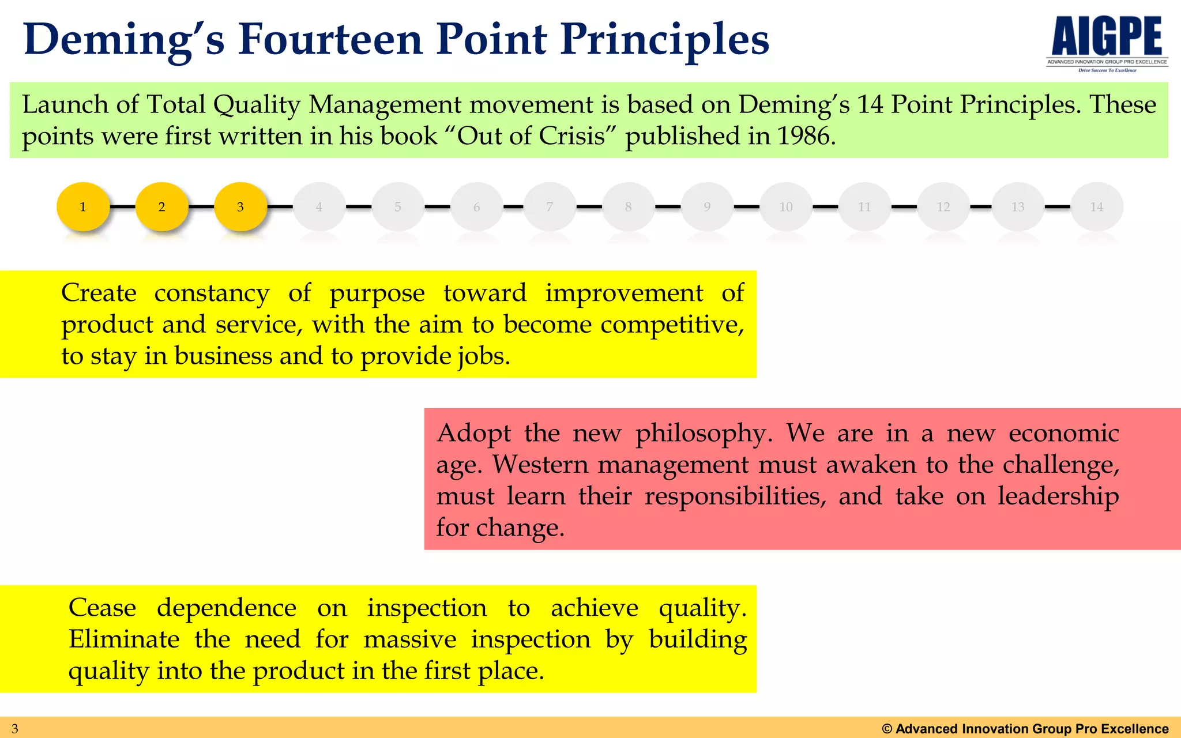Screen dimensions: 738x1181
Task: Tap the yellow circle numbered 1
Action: pyautogui.click(x=83, y=206)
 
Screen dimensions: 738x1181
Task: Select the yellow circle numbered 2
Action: pyautogui.click(x=162, y=206)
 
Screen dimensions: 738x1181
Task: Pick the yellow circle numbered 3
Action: pyautogui.click(x=240, y=206)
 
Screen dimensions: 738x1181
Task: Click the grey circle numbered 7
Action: pyautogui.click(x=550, y=206)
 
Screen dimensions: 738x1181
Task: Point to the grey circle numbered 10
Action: pyautogui.click(x=786, y=206)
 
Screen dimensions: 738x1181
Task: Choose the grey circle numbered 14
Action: pyautogui.click(x=1096, y=206)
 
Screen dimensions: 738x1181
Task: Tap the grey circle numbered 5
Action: pyautogui.click(x=398, y=206)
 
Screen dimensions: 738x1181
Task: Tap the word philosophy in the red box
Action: pyautogui.click(x=703, y=434)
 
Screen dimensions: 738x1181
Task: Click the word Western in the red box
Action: pyautogui.click(x=540, y=465)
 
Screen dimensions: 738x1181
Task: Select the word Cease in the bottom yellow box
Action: pyautogui.click(x=102, y=608)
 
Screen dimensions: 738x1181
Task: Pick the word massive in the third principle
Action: pyautogui.click(x=410, y=639)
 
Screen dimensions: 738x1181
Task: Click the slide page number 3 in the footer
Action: pyautogui.click(x=15, y=729)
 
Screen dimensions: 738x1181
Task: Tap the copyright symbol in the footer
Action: pyautogui.click(x=887, y=729)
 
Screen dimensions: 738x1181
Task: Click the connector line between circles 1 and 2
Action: pyautogui.click(x=122, y=206)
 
